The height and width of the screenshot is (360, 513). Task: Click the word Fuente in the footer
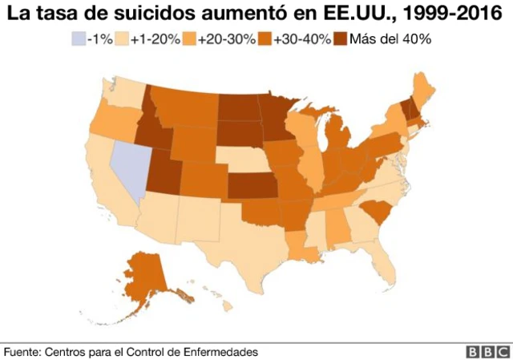[21, 351]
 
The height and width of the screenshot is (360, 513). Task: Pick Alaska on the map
[147, 276]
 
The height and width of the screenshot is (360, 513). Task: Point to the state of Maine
[422, 88]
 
